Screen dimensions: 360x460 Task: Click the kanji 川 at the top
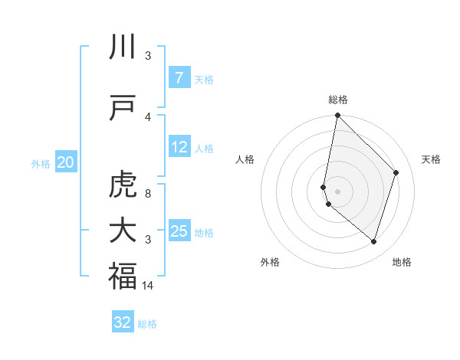click(x=123, y=47)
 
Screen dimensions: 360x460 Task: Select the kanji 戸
click(x=123, y=108)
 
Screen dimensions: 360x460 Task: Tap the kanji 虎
click(x=123, y=185)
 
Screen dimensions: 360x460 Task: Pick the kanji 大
click(x=123, y=231)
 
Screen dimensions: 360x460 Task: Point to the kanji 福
click(x=123, y=277)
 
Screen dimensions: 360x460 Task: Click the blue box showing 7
click(x=179, y=78)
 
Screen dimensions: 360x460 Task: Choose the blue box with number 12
click(x=179, y=147)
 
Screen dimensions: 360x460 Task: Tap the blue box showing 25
click(x=179, y=231)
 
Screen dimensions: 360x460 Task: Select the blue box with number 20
click(x=66, y=162)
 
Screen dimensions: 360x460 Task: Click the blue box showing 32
click(x=123, y=322)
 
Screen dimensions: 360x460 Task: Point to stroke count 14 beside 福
click(x=149, y=285)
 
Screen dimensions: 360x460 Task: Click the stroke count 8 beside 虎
click(x=148, y=193)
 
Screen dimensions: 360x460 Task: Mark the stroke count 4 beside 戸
click(x=148, y=116)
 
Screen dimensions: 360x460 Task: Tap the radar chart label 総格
click(x=338, y=100)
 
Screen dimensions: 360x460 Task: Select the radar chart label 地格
click(x=402, y=262)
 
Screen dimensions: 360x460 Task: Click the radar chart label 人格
click(x=245, y=159)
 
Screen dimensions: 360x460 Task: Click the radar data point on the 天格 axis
click(x=396, y=172)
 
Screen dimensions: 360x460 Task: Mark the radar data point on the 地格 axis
click(x=373, y=241)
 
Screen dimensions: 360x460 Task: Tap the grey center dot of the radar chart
click(x=338, y=191)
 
